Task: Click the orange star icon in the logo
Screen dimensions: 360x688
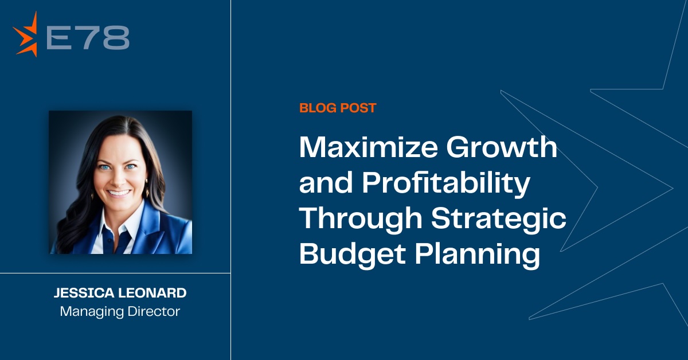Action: (x=26, y=36)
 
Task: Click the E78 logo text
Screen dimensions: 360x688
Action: (x=87, y=37)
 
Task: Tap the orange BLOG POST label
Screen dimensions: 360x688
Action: (x=338, y=108)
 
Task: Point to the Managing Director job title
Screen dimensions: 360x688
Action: (x=120, y=312)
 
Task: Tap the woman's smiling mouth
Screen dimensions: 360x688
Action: (x=119, y=193)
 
